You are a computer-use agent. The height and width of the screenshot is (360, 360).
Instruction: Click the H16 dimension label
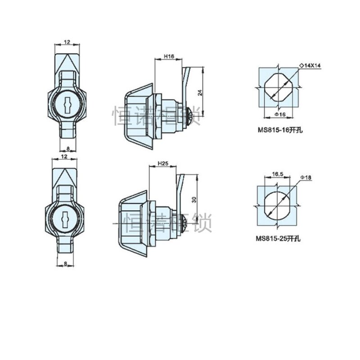[169, 57]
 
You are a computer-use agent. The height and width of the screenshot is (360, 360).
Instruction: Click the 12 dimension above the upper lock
[67, 42]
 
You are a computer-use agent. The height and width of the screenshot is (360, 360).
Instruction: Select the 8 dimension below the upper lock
[67, 147]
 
